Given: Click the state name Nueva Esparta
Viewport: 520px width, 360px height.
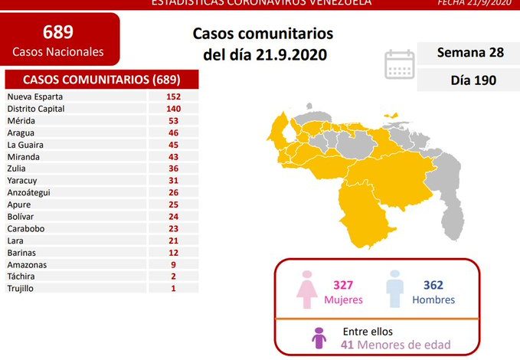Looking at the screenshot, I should pos(34,97).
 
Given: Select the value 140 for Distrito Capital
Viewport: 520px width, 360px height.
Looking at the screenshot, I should pos(172,109).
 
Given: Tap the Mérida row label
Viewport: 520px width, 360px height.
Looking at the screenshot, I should pos(21,120).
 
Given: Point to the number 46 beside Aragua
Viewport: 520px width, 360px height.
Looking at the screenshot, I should pos(172,133).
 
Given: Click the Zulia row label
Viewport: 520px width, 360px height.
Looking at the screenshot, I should pos(18,169).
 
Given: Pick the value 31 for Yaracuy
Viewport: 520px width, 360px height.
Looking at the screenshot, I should pos(172,181).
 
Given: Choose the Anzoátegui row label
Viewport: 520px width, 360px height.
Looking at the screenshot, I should pos(29,192).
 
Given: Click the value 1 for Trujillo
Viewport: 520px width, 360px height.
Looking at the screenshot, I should pos(172,288).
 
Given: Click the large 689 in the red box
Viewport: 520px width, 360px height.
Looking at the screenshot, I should pos(59,32).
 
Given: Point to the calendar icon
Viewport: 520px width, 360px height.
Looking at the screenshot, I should pos(400,64).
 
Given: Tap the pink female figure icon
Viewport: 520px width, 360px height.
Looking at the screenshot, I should pos(307,290).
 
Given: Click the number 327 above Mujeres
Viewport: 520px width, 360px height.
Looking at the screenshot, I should pos(342,284).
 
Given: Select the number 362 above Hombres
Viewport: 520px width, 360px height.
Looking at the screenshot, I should pos(433,284).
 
